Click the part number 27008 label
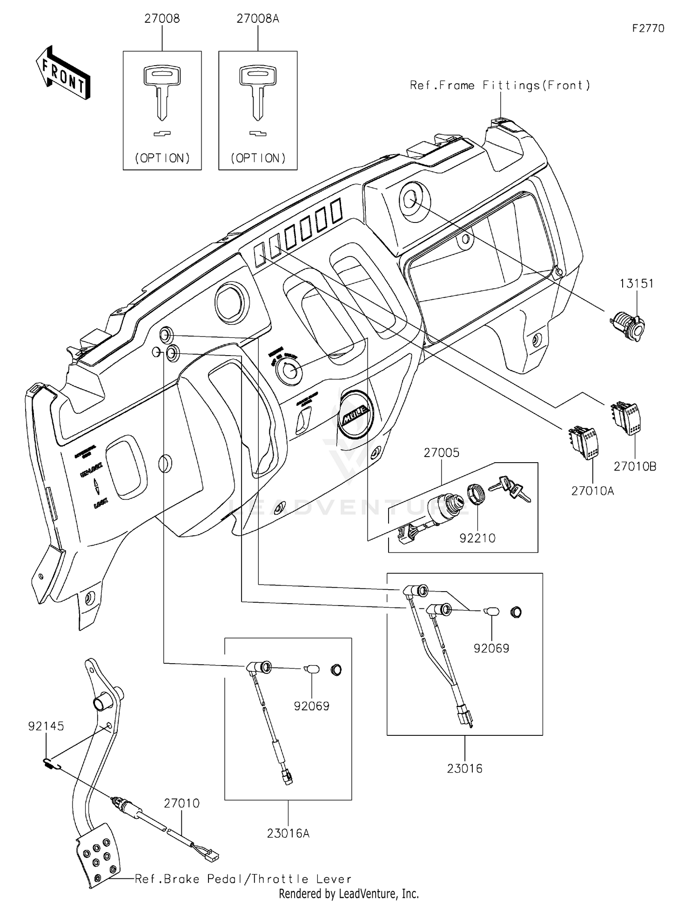[162, 19]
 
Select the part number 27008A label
[258, 19]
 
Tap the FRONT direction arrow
[63, 74]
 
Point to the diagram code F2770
[648, 28]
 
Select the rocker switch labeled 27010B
[626, 418]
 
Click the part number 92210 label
[477, 538]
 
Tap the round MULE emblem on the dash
[356, 413]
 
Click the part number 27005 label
[441, 452]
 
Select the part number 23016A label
[288, 833]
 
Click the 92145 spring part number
[46, 726]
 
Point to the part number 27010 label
[181, 803]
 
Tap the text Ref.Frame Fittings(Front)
[500, 85]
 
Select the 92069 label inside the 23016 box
[491, 648]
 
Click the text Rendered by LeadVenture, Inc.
[349, 893]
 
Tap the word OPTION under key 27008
[162, 158]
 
